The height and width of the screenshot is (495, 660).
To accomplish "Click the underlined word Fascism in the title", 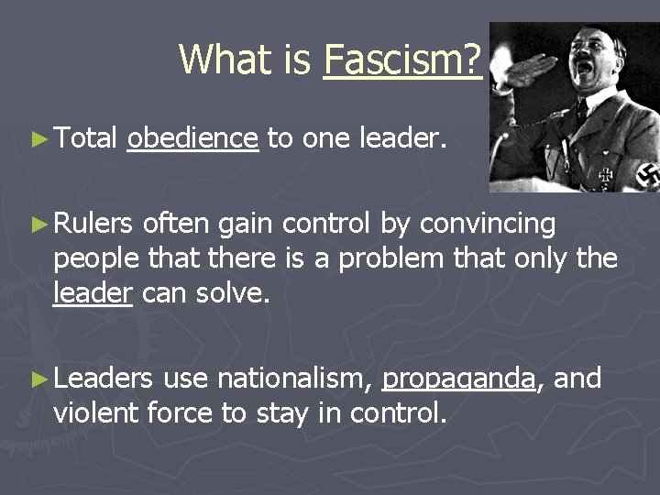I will pyautogui.click(x=402, y=60).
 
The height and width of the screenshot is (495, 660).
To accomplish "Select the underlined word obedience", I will pyautogui.click(x=192, y=138).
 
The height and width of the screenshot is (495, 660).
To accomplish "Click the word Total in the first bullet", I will pyautogui.click(x=85, y=138).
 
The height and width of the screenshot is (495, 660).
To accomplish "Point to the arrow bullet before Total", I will pyautogui.click(x=38, y=139).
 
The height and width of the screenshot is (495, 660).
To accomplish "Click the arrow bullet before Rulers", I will pyautogui.click(x=38, y=224).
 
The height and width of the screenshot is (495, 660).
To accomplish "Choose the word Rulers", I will pyautogui.click(x=94, y=224).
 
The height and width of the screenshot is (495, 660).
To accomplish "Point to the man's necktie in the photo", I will pyautogui.click(x=584, y=115).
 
